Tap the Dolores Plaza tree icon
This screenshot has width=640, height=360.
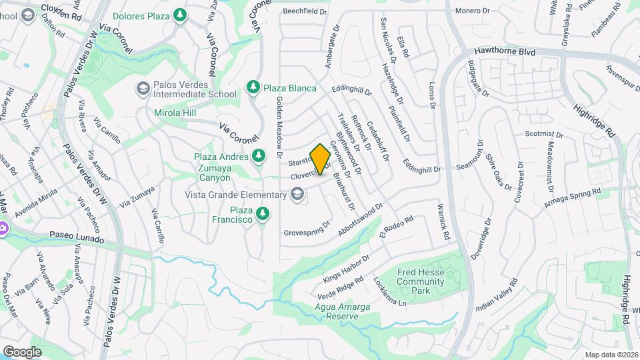pyautogui.click(x=180, y=15)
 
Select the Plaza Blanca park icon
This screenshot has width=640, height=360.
pyautogui.click(x=253, y=87)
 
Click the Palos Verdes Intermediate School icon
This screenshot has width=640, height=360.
pyautogui.click(x=143, y=89)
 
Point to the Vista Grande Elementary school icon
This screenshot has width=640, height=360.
pyautogui.click(x=297, y=194)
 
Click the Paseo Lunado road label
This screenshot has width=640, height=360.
pyautogui.click(x=77, y=238)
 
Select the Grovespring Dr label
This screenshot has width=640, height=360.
pyautogui.click(x=307, y=229)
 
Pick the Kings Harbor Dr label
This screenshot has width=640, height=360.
pyautogui.click(x=346, y=268)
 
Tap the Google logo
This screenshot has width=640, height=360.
pyautogui.click(x=22, y=351)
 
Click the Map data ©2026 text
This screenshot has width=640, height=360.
pyautogui.click(x=611, y=355)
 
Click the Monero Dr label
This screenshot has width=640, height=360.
pyautogui.click(x=472, y=11)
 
